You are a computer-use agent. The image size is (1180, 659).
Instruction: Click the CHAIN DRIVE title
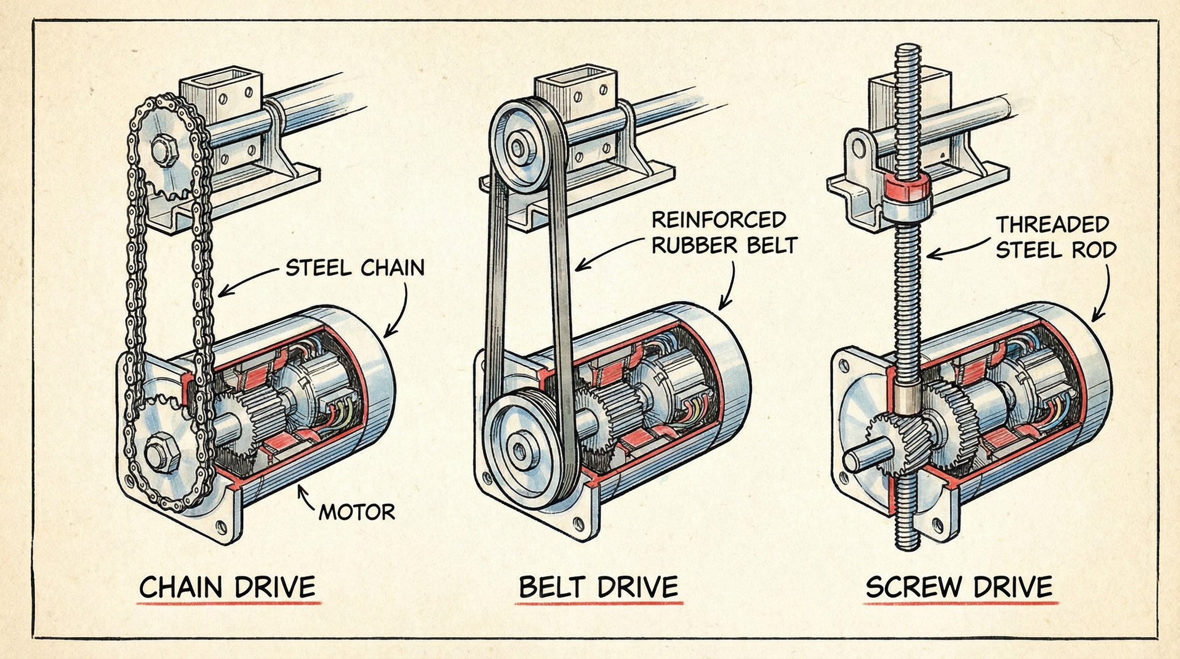pyautogui.click(x=228, y=586)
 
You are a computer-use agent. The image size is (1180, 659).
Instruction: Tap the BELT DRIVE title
pyautogui.click(x=598, y=586)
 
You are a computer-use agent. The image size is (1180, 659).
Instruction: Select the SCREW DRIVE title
pyautogui.click(x=959, y=586)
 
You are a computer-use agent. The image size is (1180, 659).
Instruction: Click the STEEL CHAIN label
pyautogui.click(x=355, y=268)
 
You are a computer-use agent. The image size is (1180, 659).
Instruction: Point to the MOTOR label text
pyautogui.click(x=356, y=512)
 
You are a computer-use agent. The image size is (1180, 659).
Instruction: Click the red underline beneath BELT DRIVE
pyautogui.click(x=598, y=603)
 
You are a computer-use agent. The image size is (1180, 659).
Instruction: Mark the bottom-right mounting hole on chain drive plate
pyautogui.click(x=222, y=527)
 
